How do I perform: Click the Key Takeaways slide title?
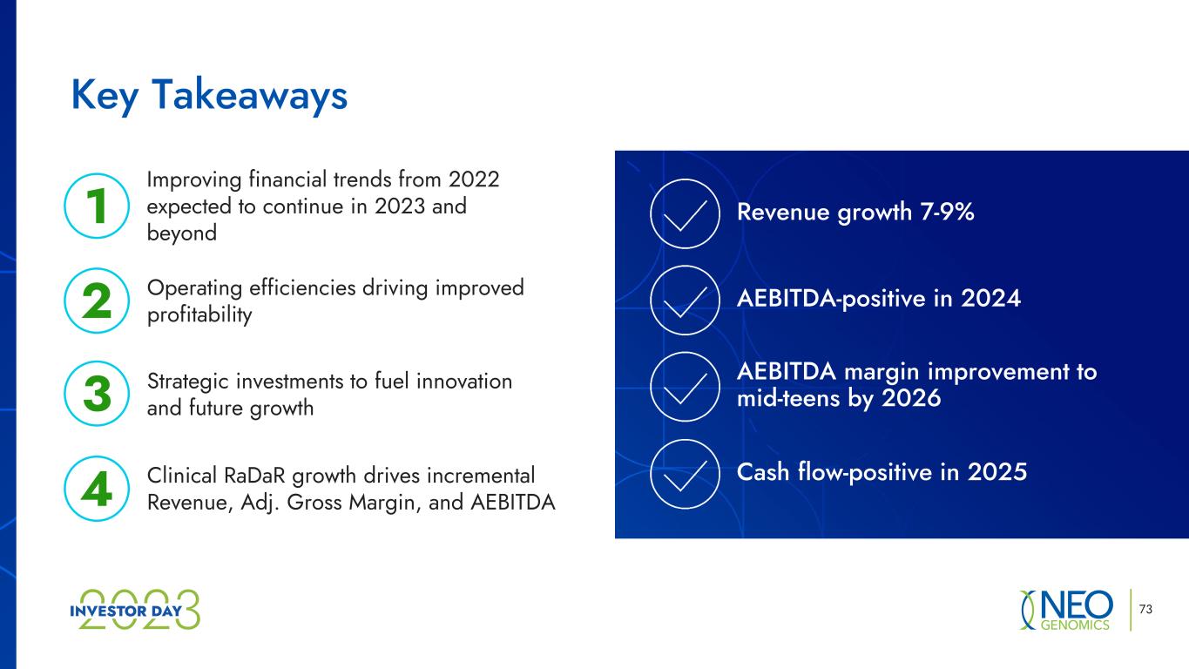[209, 96]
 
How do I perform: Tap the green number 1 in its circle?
[97, 206]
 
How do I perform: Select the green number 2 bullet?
[97, 301]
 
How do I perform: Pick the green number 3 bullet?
[97, 394]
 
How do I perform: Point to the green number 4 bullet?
[97, 489]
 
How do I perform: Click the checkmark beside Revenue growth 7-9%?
[685, 217]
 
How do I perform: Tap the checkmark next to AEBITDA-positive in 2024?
[685, 303]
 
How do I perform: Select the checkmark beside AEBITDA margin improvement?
[685, 389]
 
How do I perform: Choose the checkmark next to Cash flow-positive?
[685, 476]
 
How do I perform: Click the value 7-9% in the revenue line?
[948, 212]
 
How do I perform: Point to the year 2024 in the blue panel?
[991, 299]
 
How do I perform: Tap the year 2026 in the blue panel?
[911, 398]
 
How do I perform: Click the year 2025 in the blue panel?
[997, 472]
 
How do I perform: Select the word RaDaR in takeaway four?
[254, 476]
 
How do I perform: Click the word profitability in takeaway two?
[199, 315]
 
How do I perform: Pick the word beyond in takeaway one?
[182, 233]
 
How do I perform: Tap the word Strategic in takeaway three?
[187, 382]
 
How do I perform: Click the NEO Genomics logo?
[1066, 610]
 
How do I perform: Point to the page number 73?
[1145, 609]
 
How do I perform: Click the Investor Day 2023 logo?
[135, 610]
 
